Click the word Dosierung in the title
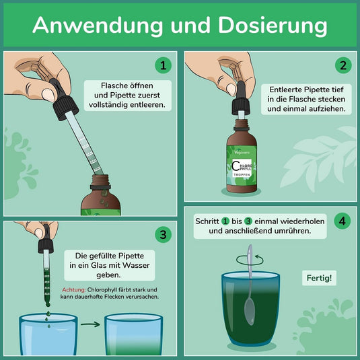273,26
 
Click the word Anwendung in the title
98,25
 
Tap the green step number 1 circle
164,65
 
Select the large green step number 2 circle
343,65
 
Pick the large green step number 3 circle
164,234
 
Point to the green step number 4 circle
342,221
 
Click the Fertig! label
319,278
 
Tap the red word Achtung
74,290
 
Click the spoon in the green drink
250,285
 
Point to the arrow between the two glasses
90,324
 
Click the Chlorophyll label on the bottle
242,167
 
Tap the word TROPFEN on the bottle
242,175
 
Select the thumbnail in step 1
48,94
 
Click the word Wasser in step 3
136,265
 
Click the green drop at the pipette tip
48,304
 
